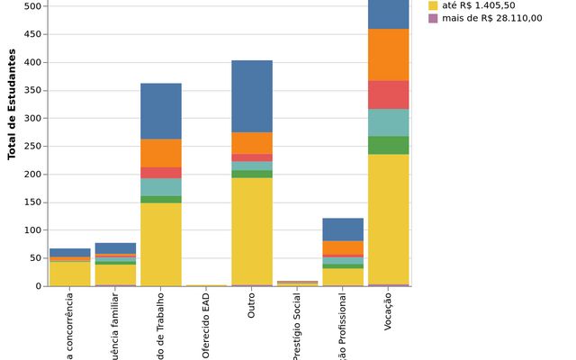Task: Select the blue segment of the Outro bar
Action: (x=252, y=96)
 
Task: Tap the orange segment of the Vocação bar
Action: (x=388, y=54)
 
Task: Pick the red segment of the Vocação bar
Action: (x=388, y=94)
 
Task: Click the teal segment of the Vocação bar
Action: (x=388, y=122)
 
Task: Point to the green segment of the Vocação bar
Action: (x=388, y=145)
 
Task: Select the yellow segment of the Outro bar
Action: (x=252, y=230)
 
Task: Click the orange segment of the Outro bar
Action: (x=252, y=143)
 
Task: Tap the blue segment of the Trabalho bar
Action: (x=161, y=111)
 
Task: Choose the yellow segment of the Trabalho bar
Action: (x=161, y=244)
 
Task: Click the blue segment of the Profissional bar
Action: (x=343, y=229)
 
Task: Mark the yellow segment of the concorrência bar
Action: (x=70, y=274)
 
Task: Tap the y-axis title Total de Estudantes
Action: (x=13, y=104)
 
